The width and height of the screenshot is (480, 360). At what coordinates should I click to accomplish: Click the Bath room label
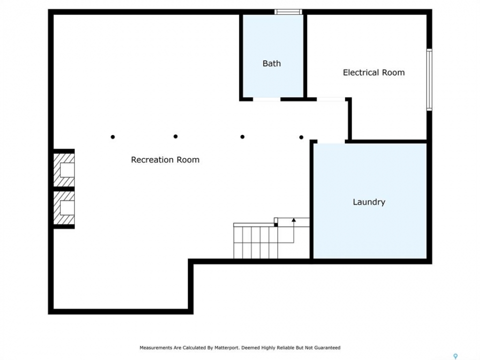point(271,63)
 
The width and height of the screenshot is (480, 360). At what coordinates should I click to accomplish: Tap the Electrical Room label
point(374,72)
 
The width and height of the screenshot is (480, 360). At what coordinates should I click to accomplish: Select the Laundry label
point(369,202)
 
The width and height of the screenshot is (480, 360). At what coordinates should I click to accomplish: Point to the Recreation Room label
point(165,160)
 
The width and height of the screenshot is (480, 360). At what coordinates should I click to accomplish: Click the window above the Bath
point(288,12)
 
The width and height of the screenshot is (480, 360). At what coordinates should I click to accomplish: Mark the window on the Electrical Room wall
point(429,79)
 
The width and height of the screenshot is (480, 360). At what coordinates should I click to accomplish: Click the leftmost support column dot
point(112,137)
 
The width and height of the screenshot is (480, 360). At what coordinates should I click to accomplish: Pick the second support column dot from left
point(175,136)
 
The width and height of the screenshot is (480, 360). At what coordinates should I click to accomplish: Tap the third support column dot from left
point(242,137)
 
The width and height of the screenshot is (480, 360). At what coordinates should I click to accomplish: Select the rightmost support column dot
point(301,137)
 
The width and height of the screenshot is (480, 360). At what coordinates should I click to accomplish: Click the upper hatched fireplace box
point(64,170)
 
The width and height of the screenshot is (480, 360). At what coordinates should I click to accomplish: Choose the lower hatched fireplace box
point(64,208)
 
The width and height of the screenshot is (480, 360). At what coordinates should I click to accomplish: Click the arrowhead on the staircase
point(293,220)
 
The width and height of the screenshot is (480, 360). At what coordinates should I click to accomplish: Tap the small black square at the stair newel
point(276,225)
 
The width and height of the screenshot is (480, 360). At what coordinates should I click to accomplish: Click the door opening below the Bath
point(266,99)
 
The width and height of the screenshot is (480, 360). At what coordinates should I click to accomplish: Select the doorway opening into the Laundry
point(331,141)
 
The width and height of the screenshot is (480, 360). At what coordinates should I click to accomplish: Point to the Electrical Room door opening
point(331,99)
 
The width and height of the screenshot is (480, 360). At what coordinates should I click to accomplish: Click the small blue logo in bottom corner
point(455,356)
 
